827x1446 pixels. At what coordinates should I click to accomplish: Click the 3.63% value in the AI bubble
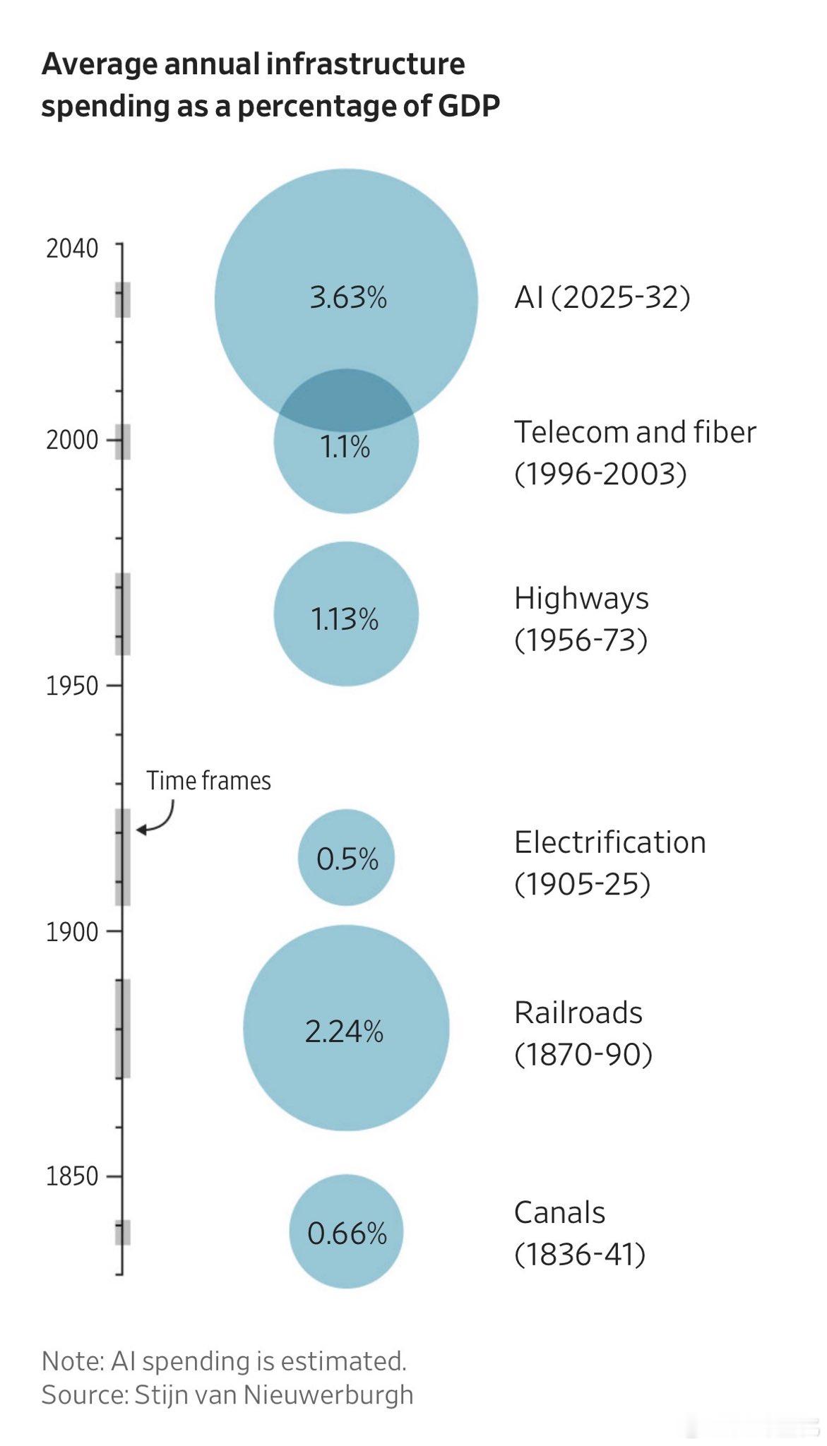click(x=348, y=297)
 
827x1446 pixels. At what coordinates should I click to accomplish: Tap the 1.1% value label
click(x=345, y=447)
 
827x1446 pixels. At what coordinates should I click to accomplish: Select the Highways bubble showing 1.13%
click(x=346, y=614)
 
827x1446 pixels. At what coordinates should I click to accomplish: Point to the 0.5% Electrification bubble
click(x=346, y=857)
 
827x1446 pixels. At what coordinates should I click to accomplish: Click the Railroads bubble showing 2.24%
click(x=346, y=1028)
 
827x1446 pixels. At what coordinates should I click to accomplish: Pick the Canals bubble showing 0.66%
click(x=346, y=1231)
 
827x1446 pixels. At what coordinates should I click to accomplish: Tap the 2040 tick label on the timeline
click(x=72, y=249)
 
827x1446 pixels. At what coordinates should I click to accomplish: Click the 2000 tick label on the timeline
click(x=72, y=440)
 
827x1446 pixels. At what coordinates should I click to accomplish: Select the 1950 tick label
click(x=72, y=686)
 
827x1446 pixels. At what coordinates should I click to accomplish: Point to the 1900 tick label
click(x=72, y=932)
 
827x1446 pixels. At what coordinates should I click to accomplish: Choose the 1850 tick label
click(x=72, y=1176)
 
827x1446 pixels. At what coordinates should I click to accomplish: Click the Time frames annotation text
click(x=208, y=781)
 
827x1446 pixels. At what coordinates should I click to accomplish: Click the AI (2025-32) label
click(x=602, y=297)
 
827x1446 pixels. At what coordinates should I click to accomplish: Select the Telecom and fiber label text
click(x=635, y=432)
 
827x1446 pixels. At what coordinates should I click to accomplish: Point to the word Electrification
click(x=610, y=842)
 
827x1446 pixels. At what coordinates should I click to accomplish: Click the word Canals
click(x=559, y=1213)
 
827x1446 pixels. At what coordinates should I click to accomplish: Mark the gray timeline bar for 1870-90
click(x=123, y=1028)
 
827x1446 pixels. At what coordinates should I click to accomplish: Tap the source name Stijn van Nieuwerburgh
click(x=274, y=1394)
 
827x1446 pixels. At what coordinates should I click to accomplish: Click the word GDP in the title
click(x=469, y=106)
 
